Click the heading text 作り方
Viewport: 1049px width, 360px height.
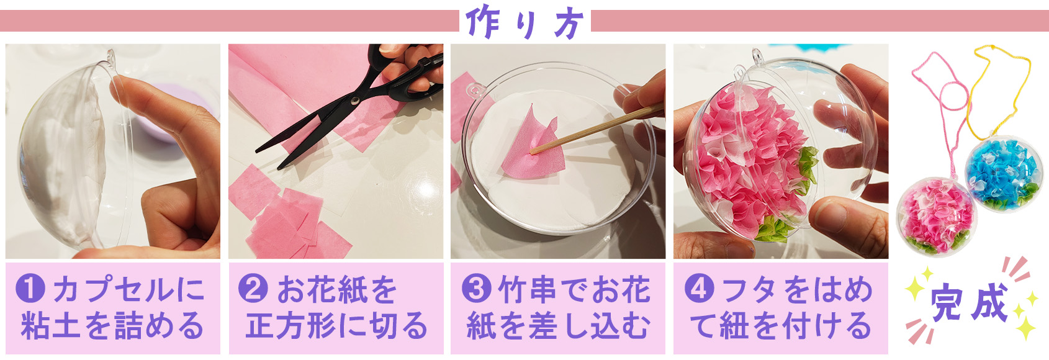524,23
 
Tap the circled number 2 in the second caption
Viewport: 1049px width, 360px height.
253,289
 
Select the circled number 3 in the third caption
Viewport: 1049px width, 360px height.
476,289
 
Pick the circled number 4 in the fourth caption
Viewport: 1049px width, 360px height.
699,289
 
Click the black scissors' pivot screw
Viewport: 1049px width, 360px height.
354,99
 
